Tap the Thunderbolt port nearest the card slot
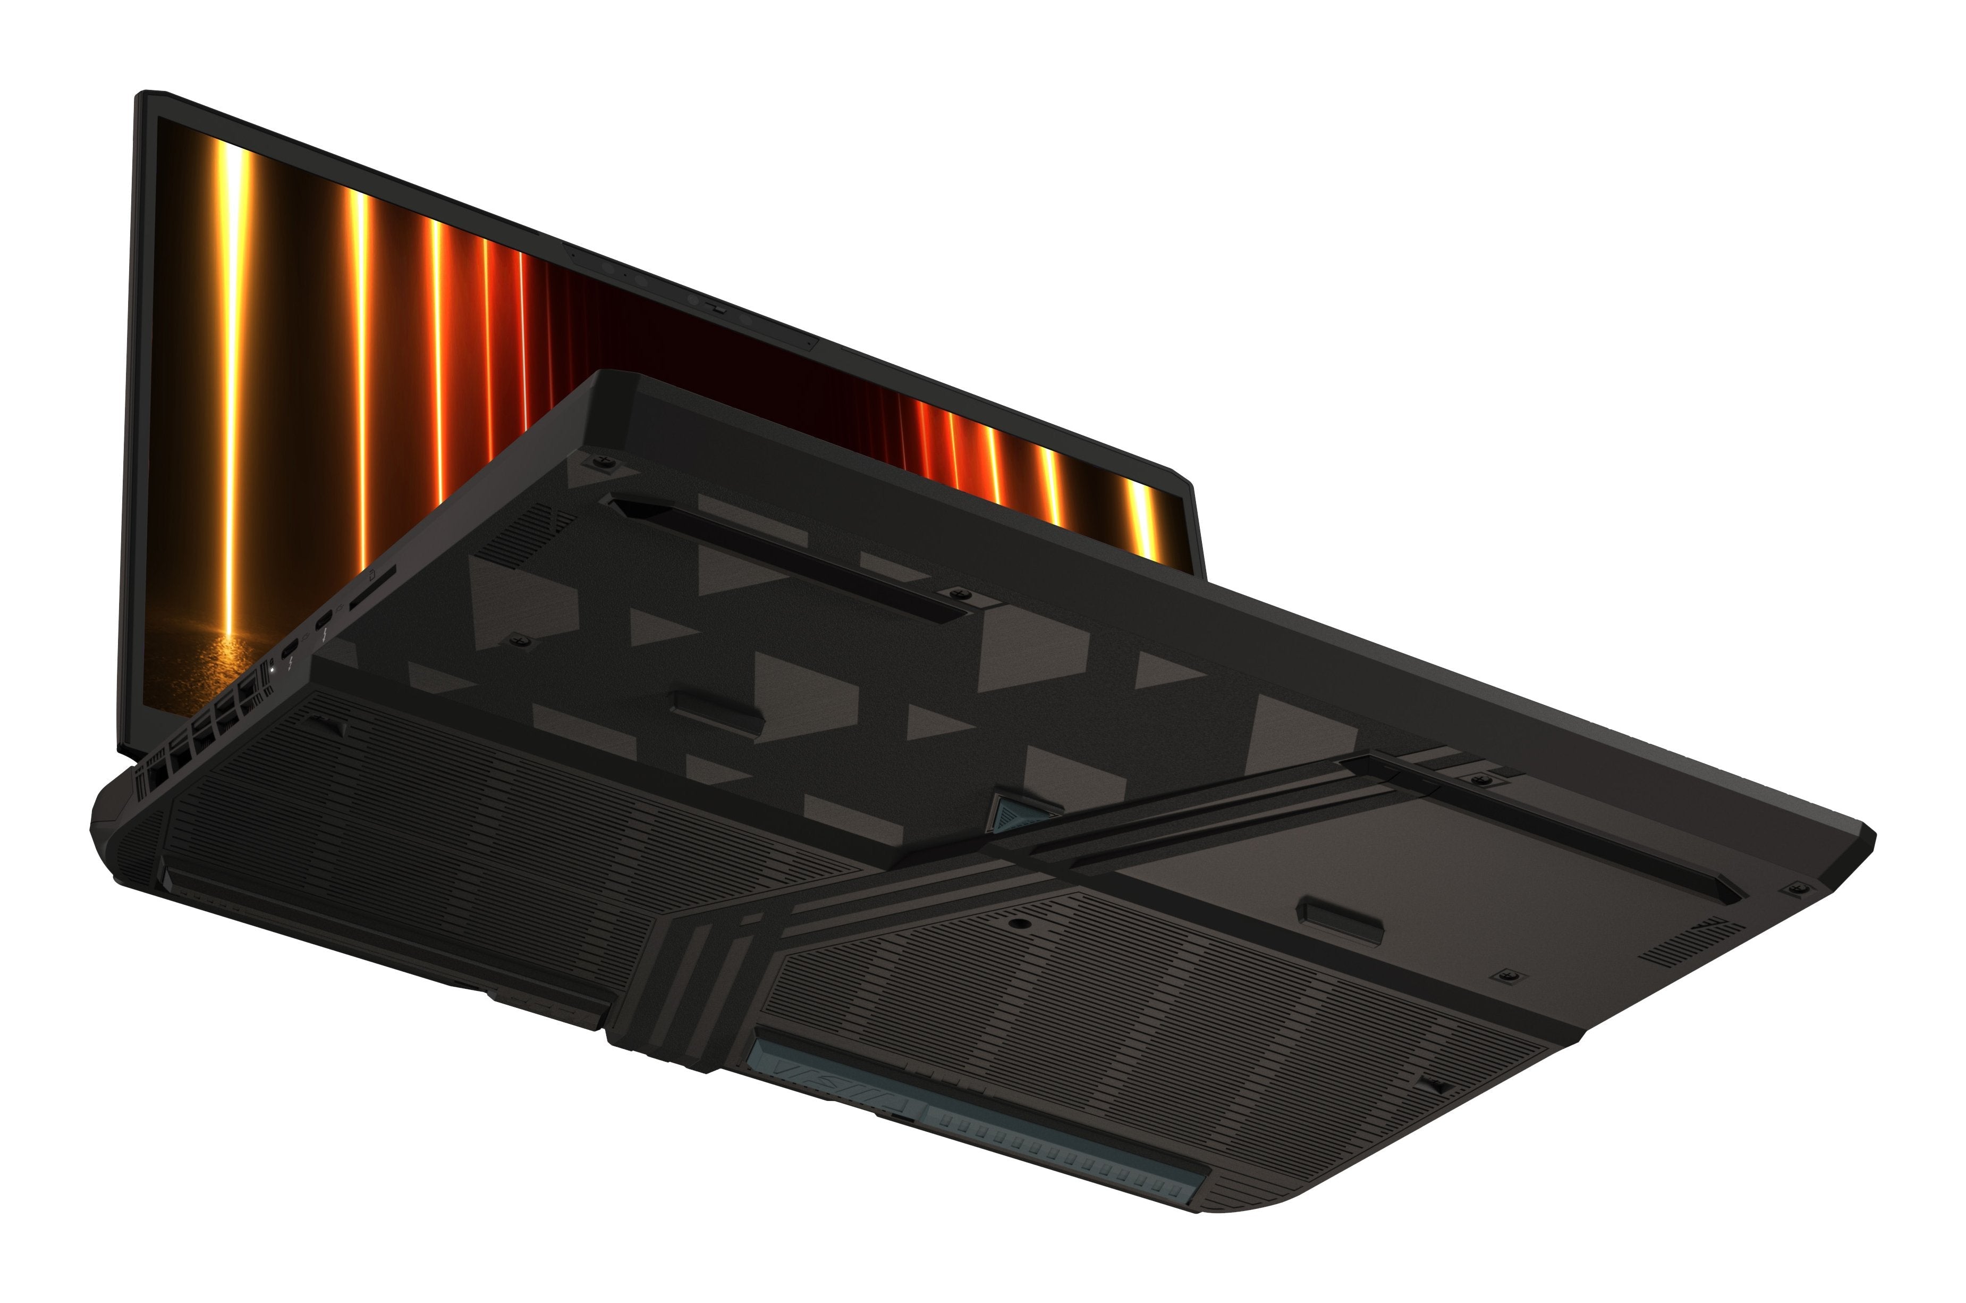(x=324, y=620)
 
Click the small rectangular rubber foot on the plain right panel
(x=1339, y=918)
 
